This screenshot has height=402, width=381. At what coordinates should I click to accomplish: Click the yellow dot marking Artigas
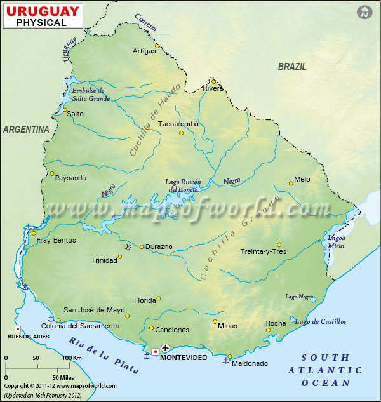(157, 45)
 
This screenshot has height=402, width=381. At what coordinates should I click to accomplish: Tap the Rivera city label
(213, 88)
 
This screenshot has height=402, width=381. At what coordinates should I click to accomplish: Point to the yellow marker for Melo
(291, 183)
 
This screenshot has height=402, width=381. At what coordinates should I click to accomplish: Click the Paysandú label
(71, 178)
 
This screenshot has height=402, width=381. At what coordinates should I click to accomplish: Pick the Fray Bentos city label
(56, 240)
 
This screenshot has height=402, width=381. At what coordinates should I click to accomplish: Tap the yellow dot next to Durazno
(142, 246)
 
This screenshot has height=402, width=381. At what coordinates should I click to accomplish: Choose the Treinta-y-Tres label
(263, 251)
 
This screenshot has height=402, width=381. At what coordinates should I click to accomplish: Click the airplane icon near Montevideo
(166, 348)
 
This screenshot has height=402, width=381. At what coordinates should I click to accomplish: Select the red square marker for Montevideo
(155, 351)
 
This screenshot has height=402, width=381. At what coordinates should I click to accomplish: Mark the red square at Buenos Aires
(18, 329)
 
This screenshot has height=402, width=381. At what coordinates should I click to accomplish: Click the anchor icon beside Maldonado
(225, 360)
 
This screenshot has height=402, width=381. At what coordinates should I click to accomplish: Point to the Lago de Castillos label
(321, 321)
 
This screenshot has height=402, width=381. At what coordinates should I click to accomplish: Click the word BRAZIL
(292, 66)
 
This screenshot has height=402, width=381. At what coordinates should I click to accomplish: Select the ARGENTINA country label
(26, 129)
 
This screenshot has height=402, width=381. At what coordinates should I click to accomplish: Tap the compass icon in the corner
(364, 12)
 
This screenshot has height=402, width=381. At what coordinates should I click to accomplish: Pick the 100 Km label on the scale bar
(70, 358)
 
